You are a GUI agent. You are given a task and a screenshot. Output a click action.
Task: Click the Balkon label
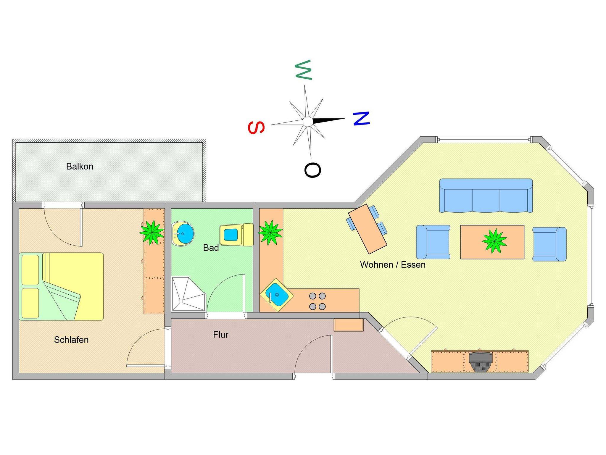pos(80,167)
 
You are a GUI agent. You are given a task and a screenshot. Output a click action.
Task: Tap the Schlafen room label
pos(71,340)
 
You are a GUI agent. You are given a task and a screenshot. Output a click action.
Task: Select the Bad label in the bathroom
pos(211,248)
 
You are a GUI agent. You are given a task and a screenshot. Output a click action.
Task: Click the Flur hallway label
pos(220,335)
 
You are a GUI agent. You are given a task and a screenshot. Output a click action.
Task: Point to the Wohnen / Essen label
pos(393,264)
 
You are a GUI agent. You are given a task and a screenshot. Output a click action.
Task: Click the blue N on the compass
pos(361,118)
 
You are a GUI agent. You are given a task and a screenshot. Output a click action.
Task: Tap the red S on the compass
pos(256,128)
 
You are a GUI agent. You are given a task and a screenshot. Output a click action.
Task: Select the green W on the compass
pos(304,70)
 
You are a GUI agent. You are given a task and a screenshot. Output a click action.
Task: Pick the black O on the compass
pos(312,170)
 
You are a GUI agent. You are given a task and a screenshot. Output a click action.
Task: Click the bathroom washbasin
pos(183,234)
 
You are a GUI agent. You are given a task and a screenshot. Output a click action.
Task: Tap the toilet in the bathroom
pos(236,235)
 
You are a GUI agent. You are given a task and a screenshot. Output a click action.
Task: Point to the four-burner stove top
pos(317,301)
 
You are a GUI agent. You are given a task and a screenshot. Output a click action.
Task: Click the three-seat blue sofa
pos(486,196)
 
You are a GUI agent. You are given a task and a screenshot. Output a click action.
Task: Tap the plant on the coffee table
pos(494,241)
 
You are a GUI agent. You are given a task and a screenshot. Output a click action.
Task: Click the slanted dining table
pos(368,229)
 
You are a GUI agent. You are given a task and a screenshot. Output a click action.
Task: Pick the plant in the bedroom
pos(152,232)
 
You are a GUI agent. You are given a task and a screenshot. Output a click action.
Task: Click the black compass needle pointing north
pos(328,120)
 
